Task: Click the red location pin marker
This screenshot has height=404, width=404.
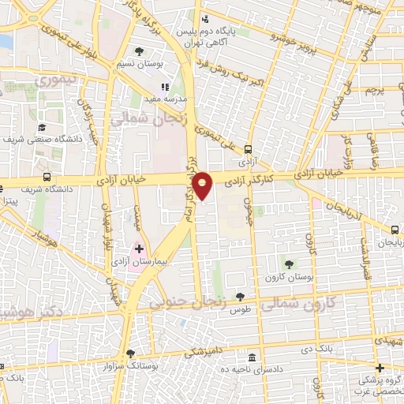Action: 203,185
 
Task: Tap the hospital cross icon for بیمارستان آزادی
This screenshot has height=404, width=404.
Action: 139,249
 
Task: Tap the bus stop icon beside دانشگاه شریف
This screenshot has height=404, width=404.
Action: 47,178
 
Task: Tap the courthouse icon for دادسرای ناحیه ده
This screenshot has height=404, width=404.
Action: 251,357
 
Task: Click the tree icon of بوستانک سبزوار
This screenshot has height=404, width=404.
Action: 131,354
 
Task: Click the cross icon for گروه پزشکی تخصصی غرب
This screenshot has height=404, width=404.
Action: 380,368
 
